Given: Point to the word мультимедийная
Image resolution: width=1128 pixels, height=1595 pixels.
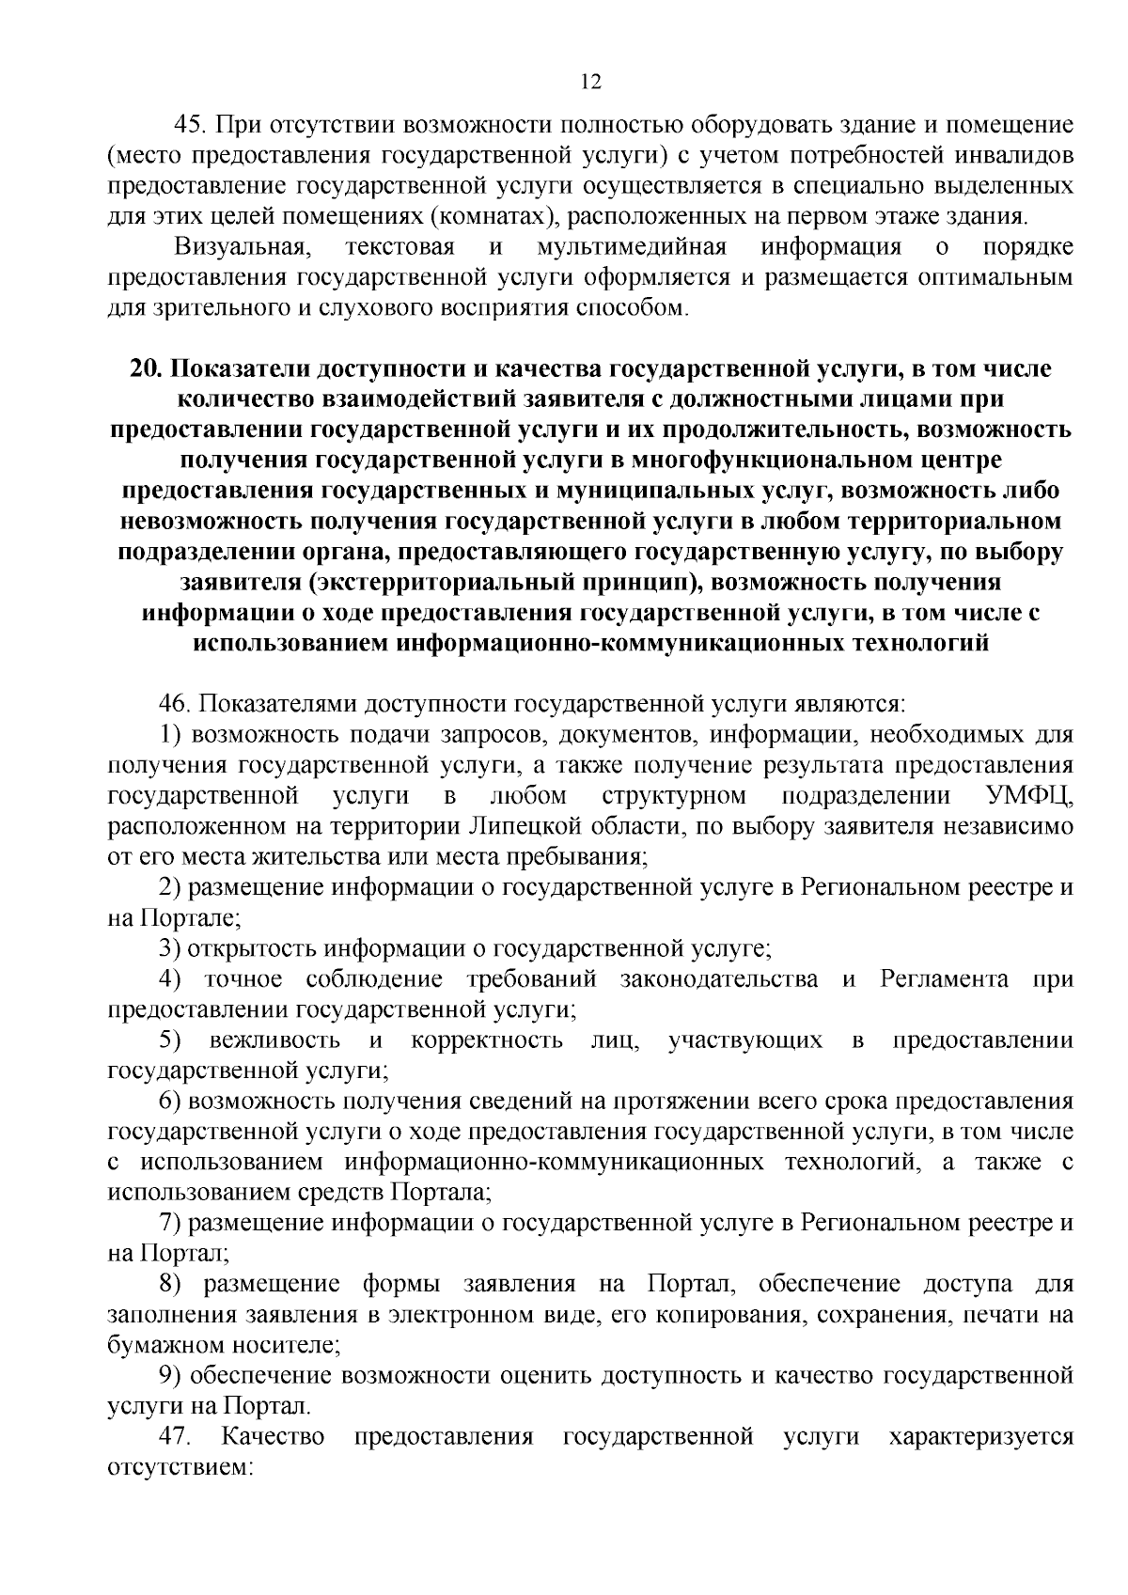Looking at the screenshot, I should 631,247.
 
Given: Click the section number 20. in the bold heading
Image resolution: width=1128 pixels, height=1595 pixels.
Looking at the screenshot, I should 148,369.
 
